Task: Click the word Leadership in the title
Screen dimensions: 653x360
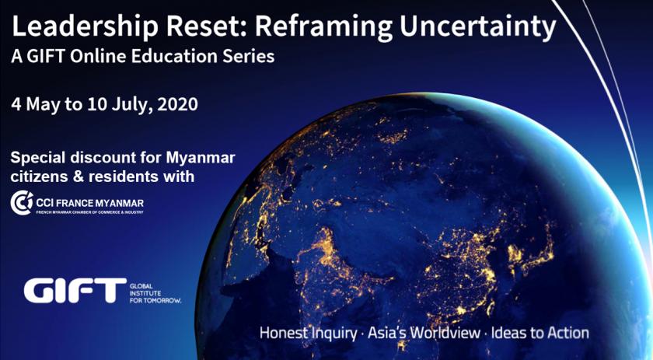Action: (x=85, y=28)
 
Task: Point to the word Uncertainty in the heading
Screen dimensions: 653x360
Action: (x=477, y=28)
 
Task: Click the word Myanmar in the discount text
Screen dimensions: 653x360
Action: (x=201, y=158)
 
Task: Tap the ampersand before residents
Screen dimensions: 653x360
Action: (x=79, y=177)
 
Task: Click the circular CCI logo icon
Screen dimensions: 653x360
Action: (x=21, y=202)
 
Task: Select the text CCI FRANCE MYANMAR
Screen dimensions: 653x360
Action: (x=90, y=204)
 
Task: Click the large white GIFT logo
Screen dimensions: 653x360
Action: (x=75, y=290)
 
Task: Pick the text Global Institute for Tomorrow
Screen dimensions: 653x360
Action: (x=155, y=293)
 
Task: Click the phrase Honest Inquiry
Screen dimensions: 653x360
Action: (x=308, y=334)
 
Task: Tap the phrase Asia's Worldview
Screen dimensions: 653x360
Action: (x=424, y=333)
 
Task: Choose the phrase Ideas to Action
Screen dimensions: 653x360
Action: (x=540, y=333)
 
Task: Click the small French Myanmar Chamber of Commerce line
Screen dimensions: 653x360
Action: (x=90, y=212)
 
